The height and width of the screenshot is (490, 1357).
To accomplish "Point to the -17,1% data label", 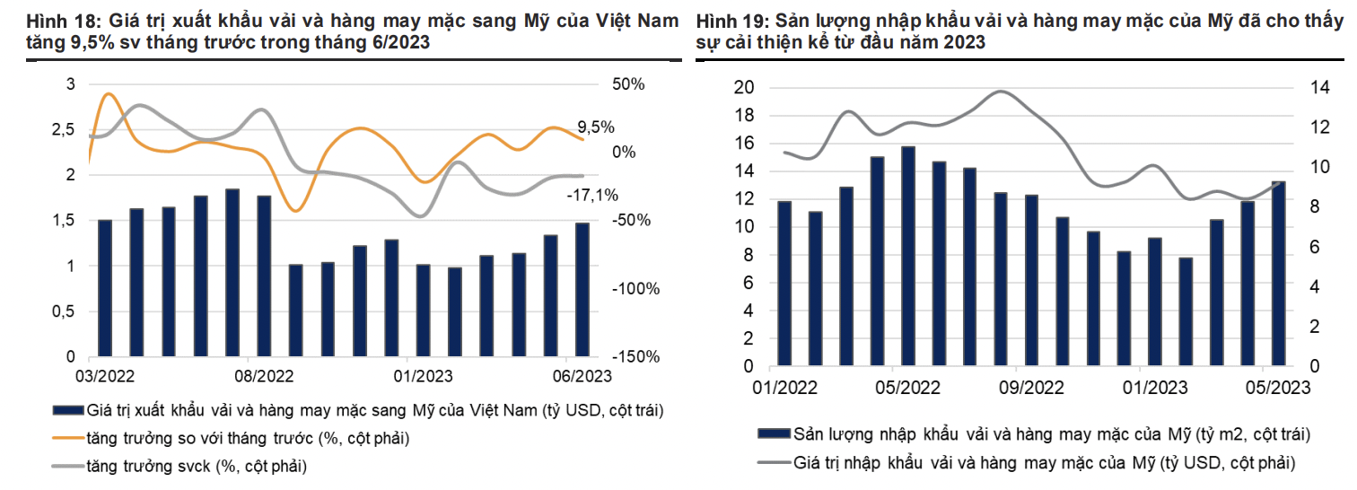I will (x=591, y=194).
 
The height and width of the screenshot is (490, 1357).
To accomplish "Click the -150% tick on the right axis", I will (x=636, y=357).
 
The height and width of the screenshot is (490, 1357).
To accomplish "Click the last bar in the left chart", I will (x=582, y=289).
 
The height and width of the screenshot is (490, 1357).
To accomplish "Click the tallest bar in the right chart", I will (x=907, y=256).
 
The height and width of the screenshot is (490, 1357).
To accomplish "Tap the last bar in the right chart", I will (x=1278, y=274).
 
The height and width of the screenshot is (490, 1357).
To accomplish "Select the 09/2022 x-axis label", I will (x=1031, y=388).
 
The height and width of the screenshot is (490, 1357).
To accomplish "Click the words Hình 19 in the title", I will (x=723, y=21).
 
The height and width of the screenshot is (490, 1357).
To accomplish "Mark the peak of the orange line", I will (x=109, y=93).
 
